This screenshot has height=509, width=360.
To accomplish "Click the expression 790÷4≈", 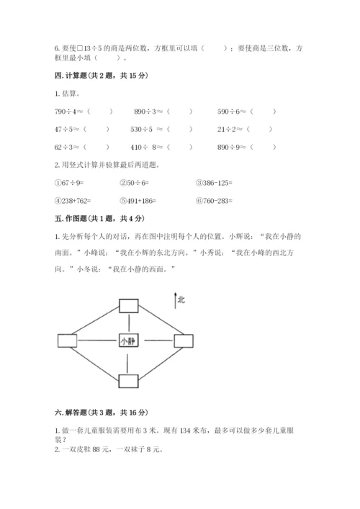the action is [70, 112].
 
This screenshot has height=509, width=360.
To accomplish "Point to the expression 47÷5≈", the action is [67, 130].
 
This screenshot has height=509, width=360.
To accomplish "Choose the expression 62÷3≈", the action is [67, 147].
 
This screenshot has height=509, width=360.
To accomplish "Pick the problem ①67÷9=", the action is [70, 183].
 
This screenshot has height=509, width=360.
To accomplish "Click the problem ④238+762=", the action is [75, 200].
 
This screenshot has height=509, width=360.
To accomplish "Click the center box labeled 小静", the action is [128, 341].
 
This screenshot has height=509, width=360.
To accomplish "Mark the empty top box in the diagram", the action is [129, 305].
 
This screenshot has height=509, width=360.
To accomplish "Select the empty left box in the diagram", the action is [66, 341].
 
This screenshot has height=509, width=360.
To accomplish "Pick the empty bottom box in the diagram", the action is [128, 381].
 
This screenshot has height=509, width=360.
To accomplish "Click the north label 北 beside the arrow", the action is [181, 300].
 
